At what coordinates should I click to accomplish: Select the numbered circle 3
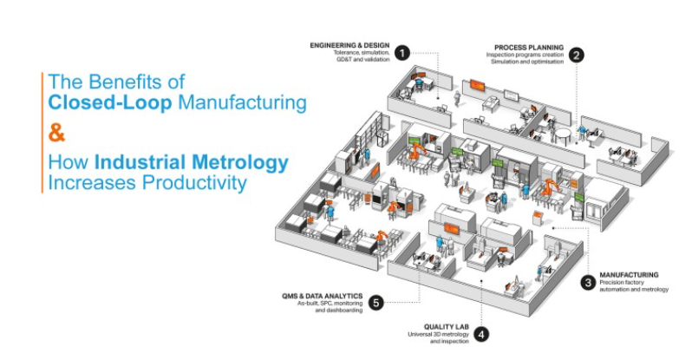point(589,282)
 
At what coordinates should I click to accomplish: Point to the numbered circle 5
point(375,302)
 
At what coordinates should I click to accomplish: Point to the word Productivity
point(196,183)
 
